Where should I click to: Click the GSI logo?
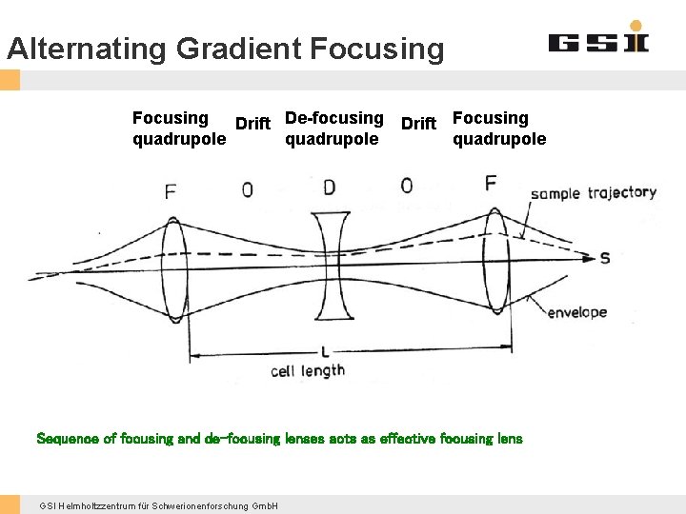click(597, 40)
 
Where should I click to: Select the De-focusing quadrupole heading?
click(333, 128)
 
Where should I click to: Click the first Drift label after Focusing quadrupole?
click(252, 124)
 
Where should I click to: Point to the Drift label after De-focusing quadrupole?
click(418, 124)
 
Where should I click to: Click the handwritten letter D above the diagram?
click(329, 187)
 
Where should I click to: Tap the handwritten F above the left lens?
click(171, 191)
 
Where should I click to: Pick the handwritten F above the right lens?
click(491, 183)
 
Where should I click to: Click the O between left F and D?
click(248, 189)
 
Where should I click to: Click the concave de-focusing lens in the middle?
click(330, 262)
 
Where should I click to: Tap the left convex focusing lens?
click(173, 264)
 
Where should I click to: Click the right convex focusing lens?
click(494, 261)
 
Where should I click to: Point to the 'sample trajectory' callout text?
click(594, 193)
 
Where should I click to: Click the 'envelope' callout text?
click(576, 312)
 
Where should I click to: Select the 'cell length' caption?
click(308, 371)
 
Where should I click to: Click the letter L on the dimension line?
click(325, 352)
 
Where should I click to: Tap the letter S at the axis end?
click(604, 258)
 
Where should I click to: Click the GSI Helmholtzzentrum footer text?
click(159, 505)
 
